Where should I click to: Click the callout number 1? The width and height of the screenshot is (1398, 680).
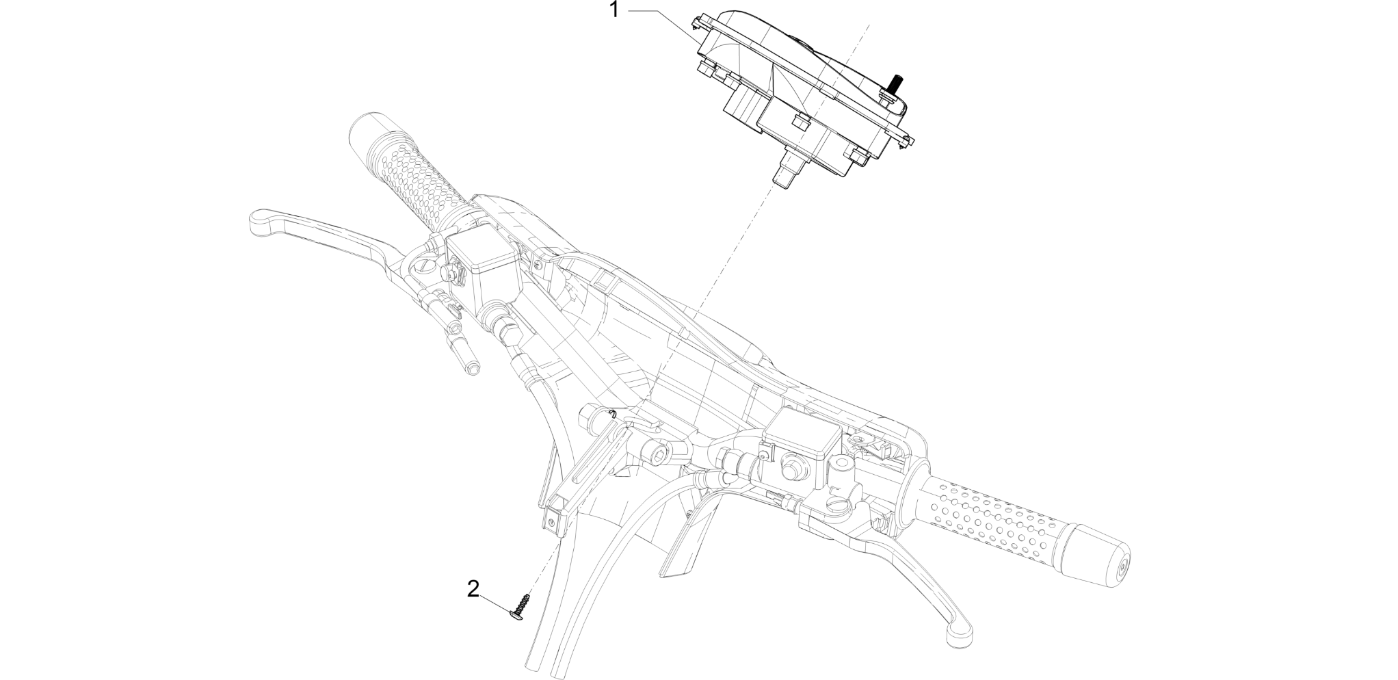click(x=614, y=10)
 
